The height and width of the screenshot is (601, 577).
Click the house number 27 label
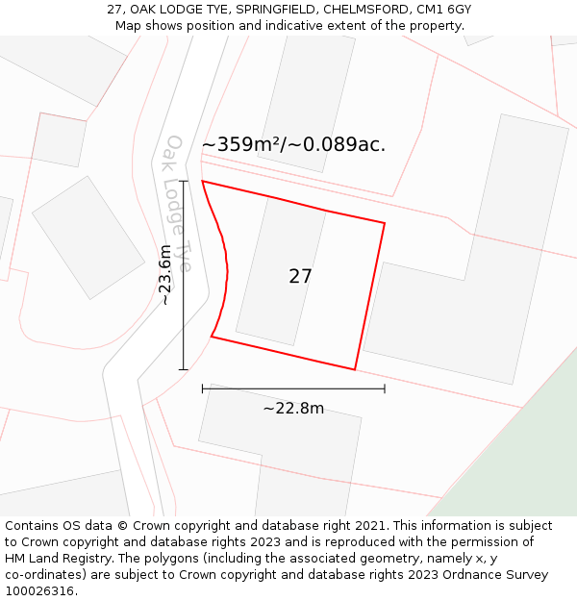click(300, 277)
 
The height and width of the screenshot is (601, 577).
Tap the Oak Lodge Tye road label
click(178, 203)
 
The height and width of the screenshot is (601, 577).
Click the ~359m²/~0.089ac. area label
click(293, 145)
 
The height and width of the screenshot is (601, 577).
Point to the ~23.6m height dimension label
click(165, 275)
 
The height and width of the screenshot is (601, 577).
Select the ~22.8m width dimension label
click(293, 409)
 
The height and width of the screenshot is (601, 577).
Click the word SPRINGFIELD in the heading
click(265, 10)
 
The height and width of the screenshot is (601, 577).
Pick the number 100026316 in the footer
click(40, 591)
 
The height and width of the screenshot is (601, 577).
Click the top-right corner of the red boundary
click(385, 223)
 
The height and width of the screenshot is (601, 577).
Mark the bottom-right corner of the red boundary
click(355, 369)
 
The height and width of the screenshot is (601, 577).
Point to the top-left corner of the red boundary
click(202, 181)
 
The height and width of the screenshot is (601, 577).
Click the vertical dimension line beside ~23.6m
click(183, 317)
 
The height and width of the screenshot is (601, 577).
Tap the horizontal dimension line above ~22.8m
click(293, 388)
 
